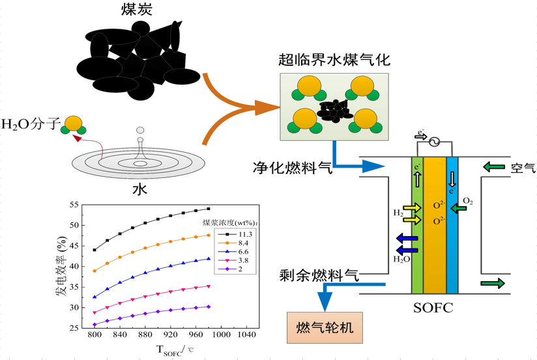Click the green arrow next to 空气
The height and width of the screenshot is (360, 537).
pos(493,168)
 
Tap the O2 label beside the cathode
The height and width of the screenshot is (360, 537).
pos(467,201)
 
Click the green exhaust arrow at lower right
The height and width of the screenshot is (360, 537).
pos(493,283)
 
